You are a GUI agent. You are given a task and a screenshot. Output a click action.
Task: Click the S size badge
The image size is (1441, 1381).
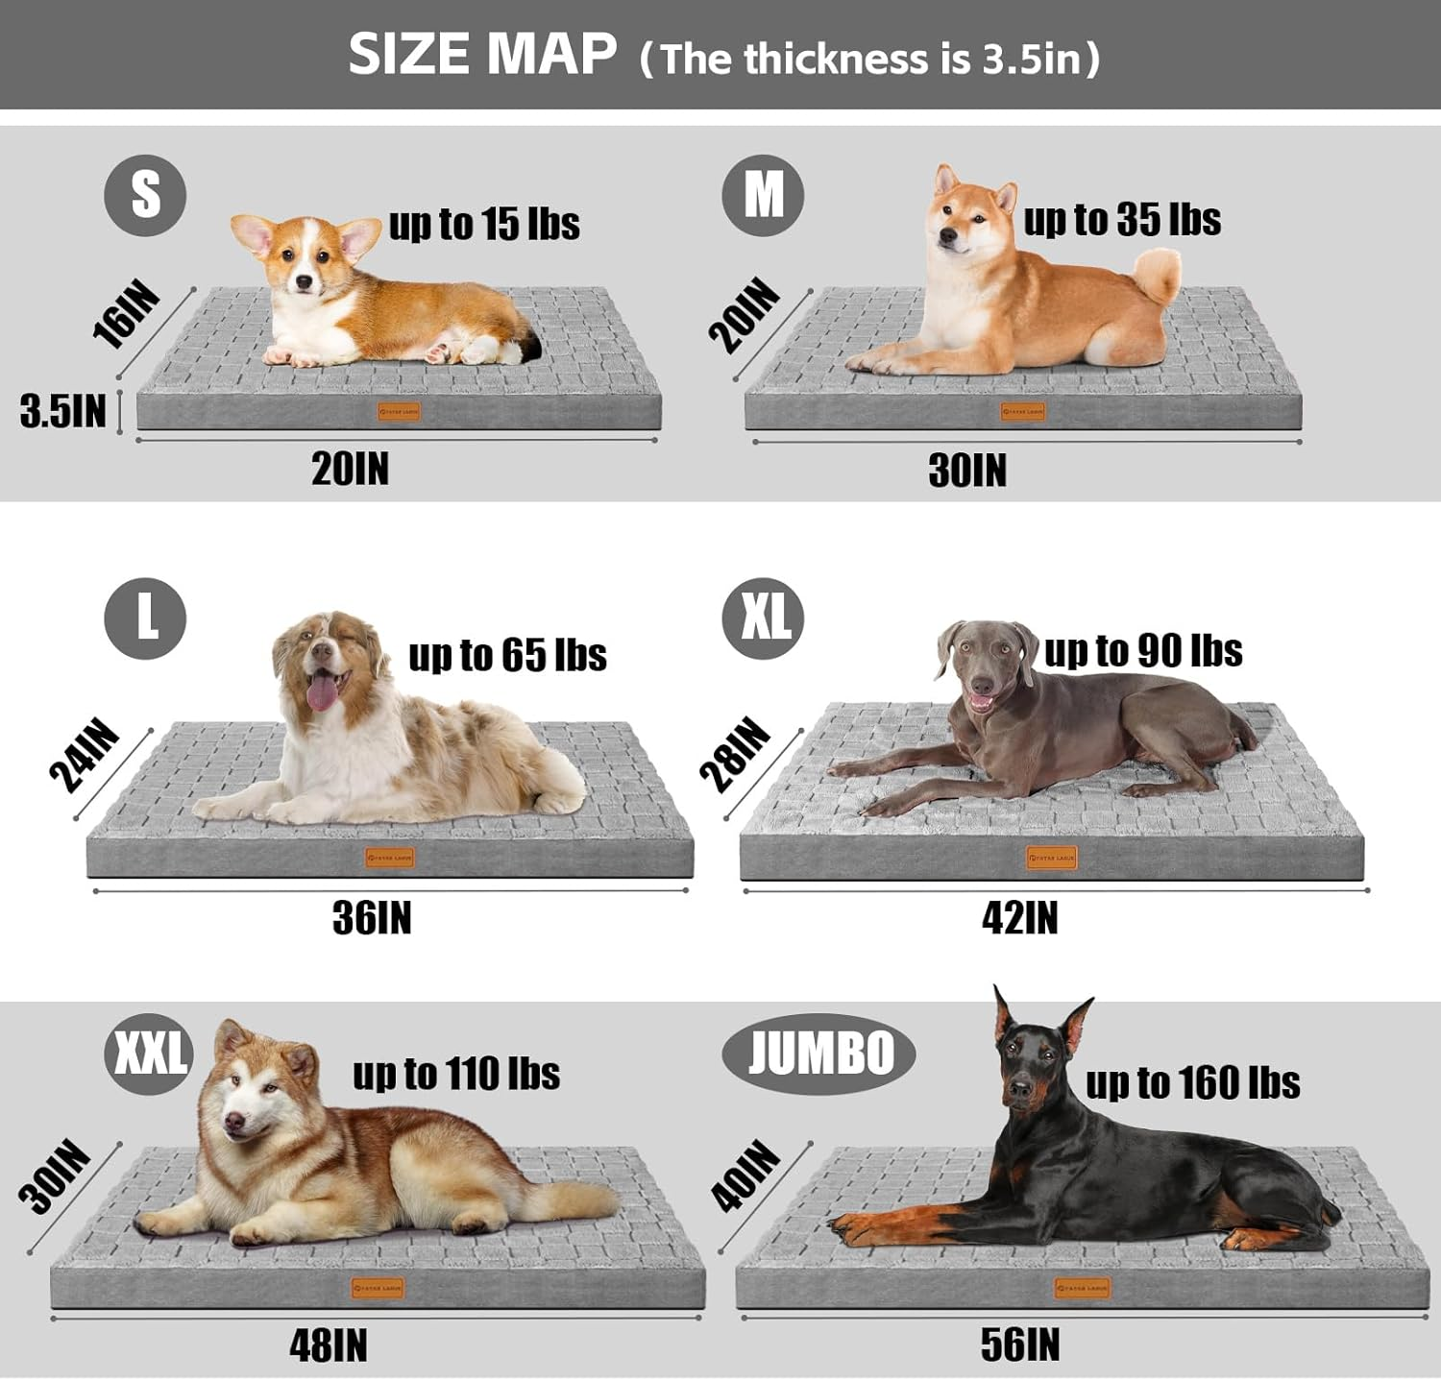click(145, 195)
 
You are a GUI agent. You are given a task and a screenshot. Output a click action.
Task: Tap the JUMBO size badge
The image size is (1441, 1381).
click(818, 1054)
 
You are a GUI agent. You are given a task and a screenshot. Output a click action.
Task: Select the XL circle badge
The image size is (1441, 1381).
click(763, 618)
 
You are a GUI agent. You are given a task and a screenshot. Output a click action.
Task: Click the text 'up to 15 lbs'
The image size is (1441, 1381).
click(484, 224)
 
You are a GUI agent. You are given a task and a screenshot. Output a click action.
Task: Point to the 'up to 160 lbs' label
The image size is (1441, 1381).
click(1192, 1083)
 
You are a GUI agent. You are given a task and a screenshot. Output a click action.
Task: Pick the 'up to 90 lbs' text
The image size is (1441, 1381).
click(1143, 651)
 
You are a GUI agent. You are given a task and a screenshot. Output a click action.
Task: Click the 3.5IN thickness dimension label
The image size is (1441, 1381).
click(62, 411)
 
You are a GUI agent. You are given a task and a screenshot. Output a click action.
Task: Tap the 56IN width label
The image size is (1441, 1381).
click(1019, 1345)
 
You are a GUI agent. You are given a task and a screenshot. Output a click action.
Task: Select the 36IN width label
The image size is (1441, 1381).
click(372, 918)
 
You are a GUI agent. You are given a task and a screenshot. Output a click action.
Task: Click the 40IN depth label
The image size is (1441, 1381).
click(745, 1175)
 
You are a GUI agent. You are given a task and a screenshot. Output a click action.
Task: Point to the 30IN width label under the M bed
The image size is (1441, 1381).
click(967, 471)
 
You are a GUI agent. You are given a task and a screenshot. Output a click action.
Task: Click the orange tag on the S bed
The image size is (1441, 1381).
click(399, 412)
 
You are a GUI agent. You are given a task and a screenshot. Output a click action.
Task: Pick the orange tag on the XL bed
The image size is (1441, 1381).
click(1052, 858)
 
